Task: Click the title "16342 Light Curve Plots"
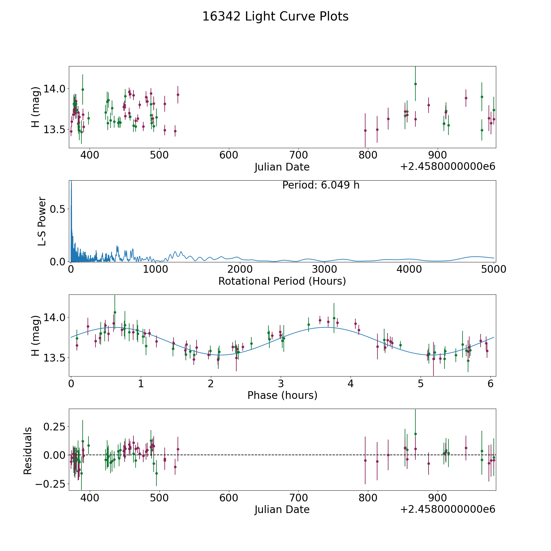(275, 17)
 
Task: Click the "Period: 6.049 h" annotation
(320, 185)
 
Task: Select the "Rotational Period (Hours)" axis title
(282, 281)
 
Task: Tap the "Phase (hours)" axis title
(282, 395)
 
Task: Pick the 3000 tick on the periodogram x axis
(324, 269)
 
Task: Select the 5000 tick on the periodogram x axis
(493, 269)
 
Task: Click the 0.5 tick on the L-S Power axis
(58, 209)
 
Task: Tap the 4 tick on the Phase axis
(350, 384)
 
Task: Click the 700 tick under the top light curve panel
(298, 155)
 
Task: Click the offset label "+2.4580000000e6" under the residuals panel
(448, 509)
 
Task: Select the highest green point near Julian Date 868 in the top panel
(415, 84)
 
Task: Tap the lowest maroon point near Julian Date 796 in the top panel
(365, 130)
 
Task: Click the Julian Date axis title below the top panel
(282, 167)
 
